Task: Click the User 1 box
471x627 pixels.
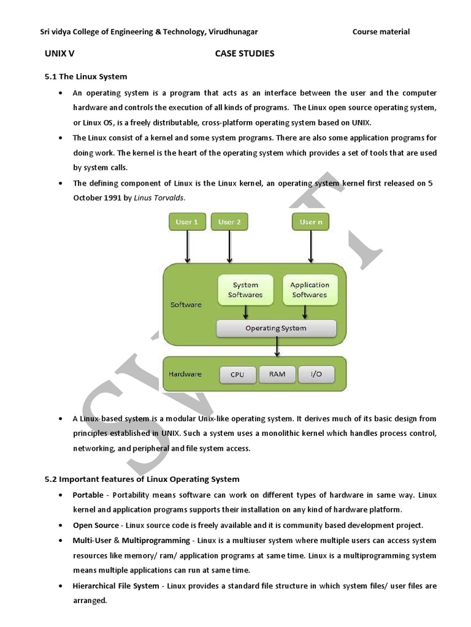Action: click(187, 222)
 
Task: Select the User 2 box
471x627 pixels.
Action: click(229, 222)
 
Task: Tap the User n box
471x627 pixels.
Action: click(310, 222)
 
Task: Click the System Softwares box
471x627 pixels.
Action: click(245, 290)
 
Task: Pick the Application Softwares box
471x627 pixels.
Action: click(310, 290)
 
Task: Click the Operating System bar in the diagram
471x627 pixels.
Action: click(276, 328)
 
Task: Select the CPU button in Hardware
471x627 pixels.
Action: click(237, 374)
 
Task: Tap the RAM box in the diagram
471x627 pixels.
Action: click(277, 374)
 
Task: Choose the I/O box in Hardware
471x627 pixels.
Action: click(316, 374)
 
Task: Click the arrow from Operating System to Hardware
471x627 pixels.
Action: click(278, 347)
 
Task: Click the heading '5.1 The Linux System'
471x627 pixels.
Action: click(86, 77)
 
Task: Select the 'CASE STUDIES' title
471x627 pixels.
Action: click(245, 53)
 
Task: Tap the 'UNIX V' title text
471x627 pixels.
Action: click(59, 53)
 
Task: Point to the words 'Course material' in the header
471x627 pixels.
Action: click(381, 32)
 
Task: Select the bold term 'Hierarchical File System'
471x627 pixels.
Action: click(116, 586)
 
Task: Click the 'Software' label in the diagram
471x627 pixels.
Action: click(186, 304)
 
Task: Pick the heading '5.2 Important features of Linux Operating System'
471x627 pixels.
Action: click(142, 479)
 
